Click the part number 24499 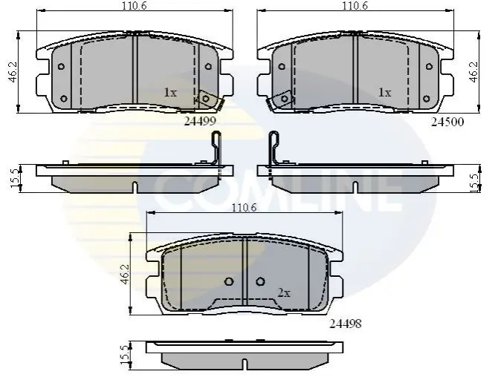[x=200, y=121]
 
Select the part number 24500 [x=447, y=122]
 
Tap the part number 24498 [x=345, y=324]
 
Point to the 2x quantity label [x=284, y=293]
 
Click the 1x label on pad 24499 [x=170, y=93]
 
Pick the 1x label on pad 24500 [x=384, y=93]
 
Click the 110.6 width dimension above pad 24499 [x=135, y=6]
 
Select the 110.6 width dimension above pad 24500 [x=355, y=6]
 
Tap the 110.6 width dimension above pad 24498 [x=244, y=208]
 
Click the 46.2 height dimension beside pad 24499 [x=13, y=72]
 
